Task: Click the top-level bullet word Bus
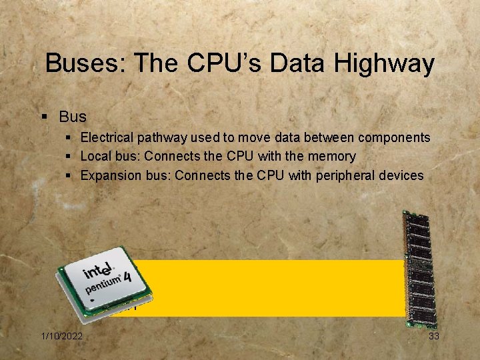coord(72,117)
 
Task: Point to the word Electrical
coord(107,138)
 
